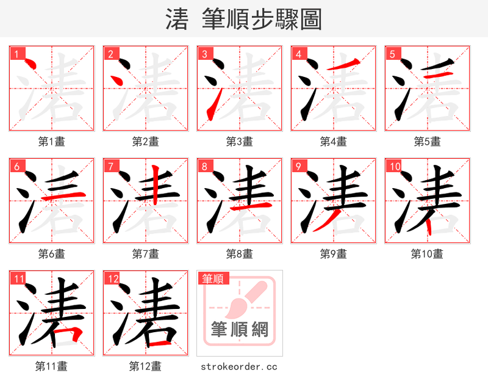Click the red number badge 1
[16, 54]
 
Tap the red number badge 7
[110, 166]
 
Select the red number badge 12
[112, 278]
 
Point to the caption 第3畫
[239, 142]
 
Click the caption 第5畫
[427, 142]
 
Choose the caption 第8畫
[239, 253]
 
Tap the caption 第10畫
[427, 253]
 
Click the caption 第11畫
[51, 366]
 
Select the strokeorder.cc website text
[239, 366]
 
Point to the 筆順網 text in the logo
[240, 329]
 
